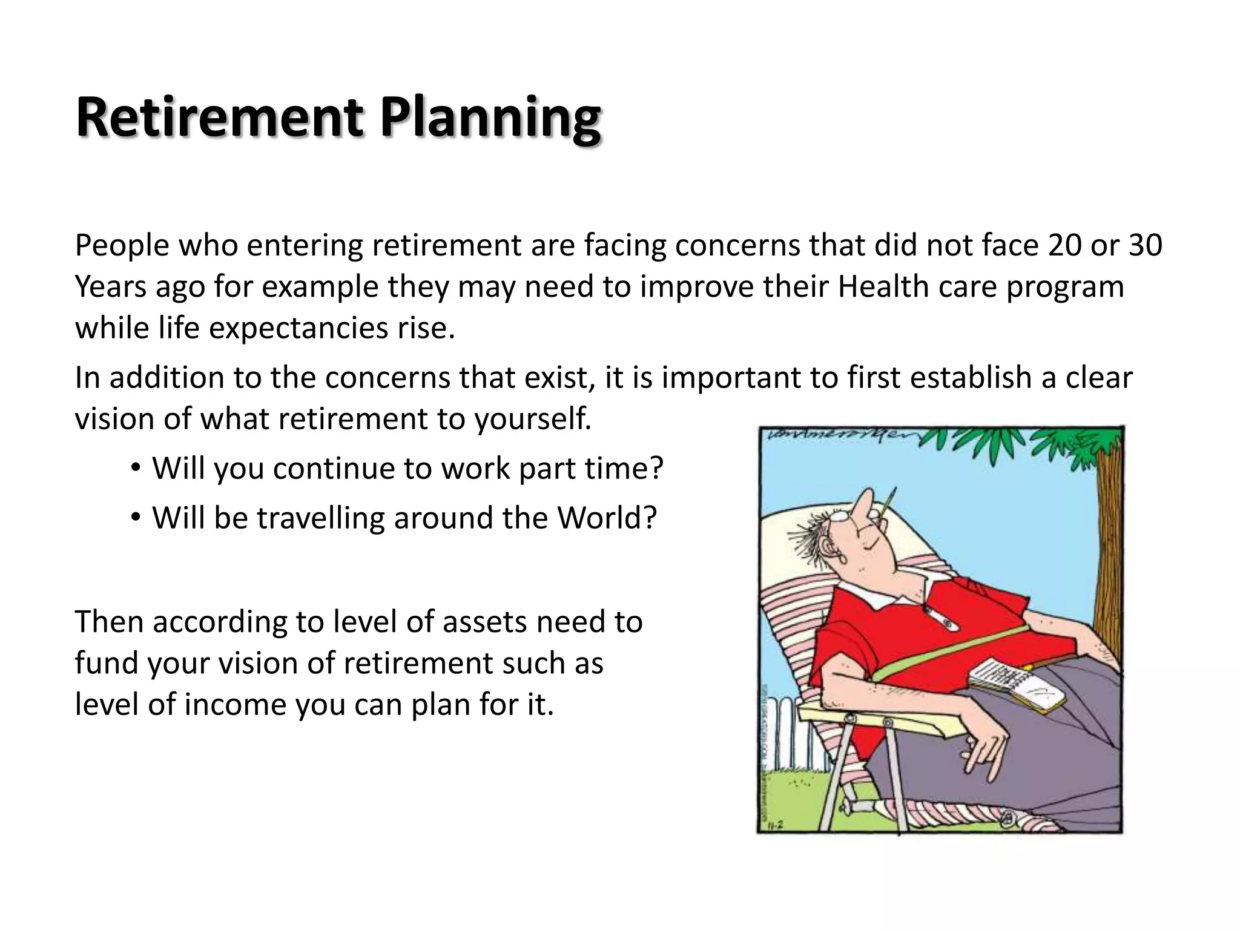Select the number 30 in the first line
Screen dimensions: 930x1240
pos(1145,245)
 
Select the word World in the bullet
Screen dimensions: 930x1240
pos(605,518)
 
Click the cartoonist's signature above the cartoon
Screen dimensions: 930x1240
pos(836,435)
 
